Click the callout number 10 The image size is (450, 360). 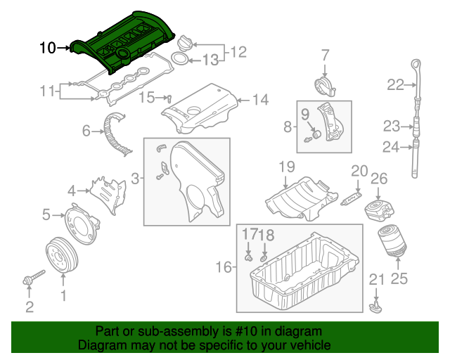(47, 48)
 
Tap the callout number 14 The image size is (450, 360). (260, 100)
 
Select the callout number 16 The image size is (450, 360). (223, 267)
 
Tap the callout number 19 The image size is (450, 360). (285, 167)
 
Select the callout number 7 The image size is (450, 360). (325, 55)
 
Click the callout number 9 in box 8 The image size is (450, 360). (305, 113)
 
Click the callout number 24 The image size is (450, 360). (390, 147)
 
